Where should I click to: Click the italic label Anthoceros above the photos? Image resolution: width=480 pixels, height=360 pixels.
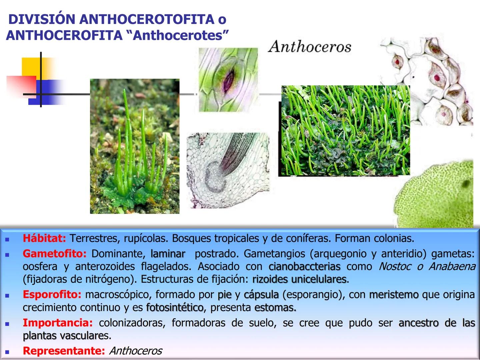[310, 47]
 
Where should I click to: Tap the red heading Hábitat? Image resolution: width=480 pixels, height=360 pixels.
[44, 238]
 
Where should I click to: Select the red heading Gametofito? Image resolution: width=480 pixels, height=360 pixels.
[54, 254]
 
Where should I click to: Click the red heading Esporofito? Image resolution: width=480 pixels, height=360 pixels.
[52, 295]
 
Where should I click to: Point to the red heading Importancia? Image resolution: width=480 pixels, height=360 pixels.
[58, 323]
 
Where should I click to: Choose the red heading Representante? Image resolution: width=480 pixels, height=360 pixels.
[64, 351]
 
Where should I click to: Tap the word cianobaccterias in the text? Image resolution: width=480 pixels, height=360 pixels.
[304, 267]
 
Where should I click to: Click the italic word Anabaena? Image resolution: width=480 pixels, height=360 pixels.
[452, 267]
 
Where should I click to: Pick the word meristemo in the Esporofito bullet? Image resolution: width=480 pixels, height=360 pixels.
[394, 295]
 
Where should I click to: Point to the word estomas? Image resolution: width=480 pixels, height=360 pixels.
[275, 307]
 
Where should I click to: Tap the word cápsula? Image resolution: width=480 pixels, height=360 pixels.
[261, 295]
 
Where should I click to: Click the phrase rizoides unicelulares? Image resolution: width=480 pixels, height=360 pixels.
[299, 279]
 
